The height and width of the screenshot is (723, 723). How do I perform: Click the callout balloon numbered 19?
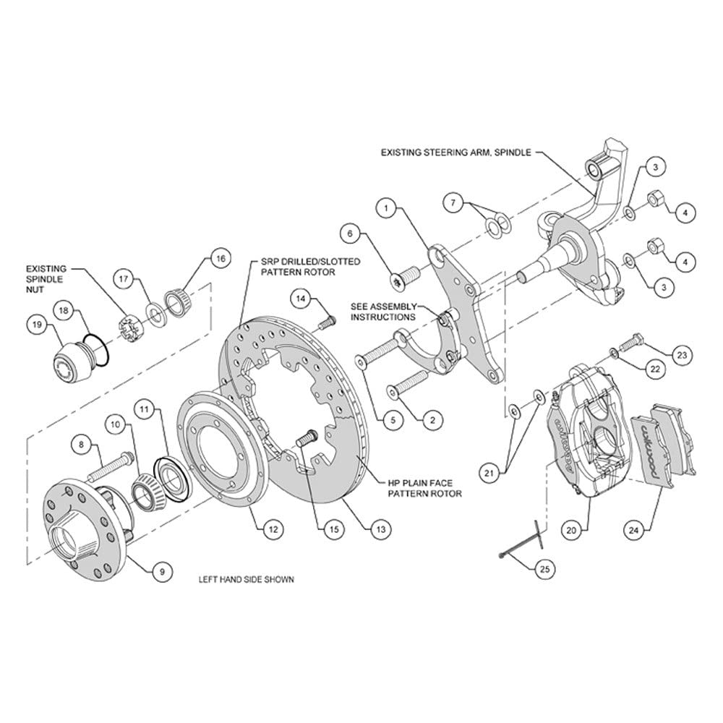point(37,325)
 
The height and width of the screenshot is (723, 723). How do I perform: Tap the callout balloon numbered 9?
point(162,572)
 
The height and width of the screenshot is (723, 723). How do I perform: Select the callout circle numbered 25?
point(544,569)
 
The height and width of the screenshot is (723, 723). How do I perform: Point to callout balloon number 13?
point(381,529)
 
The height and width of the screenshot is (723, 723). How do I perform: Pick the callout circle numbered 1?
point(386,208)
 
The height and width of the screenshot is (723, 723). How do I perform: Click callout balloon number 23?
point(682,355)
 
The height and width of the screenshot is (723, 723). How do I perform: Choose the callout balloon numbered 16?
point(221,259)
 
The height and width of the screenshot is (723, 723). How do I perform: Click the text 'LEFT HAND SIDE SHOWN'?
point(247,580)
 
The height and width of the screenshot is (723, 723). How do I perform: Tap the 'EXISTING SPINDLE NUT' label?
point(46,279)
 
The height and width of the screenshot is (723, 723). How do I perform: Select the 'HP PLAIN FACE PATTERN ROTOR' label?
point(424,488)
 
